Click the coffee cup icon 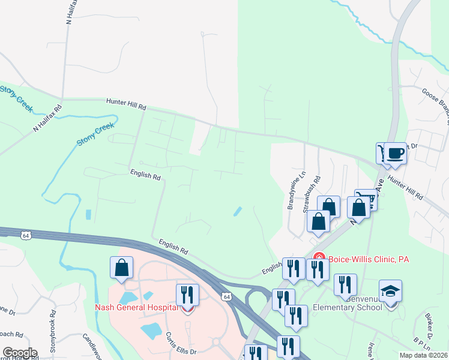(396, 153)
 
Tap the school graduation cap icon (391, 292)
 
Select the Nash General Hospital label (136, 308)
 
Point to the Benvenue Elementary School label (347, 303)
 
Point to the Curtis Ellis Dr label (178, 344)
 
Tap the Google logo (20, 353)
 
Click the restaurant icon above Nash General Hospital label (187, 295)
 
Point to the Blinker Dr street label (430, 325)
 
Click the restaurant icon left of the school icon (345, 285)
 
